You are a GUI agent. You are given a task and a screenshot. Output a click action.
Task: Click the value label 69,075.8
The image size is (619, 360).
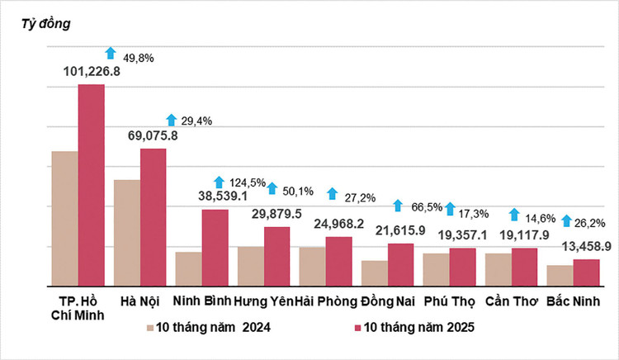pyautogui.click(x=154, y=136)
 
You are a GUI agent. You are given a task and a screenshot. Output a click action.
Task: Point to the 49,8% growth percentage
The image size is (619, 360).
pyautogui.click(x=139, y=58)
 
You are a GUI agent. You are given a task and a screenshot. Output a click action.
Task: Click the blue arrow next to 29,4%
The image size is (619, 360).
pyautogui.click(x=171, y=120)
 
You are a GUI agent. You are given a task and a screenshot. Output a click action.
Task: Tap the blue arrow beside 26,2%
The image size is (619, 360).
pyautogui.click(x=566, y=221)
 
